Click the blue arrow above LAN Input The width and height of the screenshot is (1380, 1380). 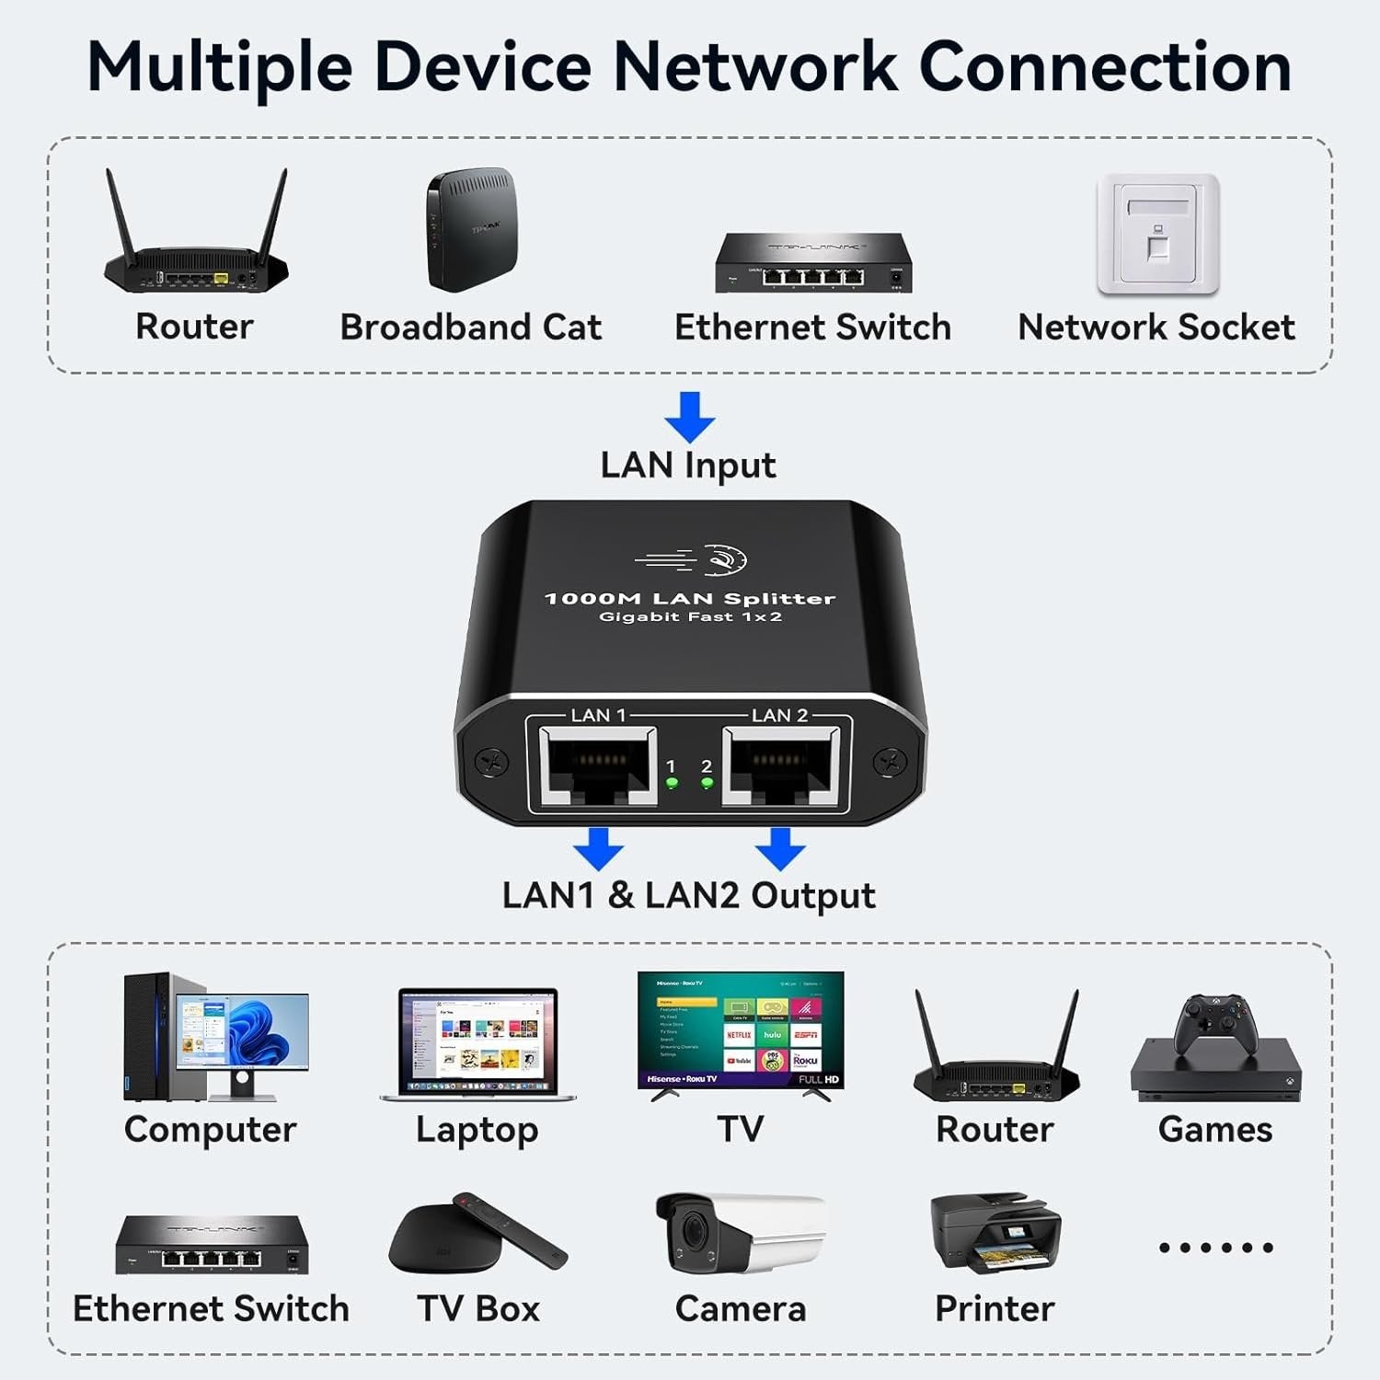click(x=689, y=416)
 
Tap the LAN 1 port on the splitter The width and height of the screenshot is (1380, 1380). click(x=598, y=765)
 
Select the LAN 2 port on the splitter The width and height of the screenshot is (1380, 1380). click(x=781, y=765)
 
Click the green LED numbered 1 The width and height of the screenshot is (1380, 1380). click(x=672, y=784)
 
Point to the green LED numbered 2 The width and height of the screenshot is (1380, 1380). click(x=707, y=784)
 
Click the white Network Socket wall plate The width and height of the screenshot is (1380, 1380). click(x=1157, y=235)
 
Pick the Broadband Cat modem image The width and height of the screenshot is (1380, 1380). click(x=471, y=230)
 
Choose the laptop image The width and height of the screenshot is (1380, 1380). click(x=478, y=1044)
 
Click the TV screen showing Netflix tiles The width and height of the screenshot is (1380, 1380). click(x=741, y=1030)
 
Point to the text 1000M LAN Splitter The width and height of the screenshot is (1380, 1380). click(x=689, y=599)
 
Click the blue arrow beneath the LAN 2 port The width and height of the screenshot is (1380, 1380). click(x=780, y=848)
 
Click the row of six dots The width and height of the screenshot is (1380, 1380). click(x=1215, y=1248)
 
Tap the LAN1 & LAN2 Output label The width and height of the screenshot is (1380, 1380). click(x=688, y=895)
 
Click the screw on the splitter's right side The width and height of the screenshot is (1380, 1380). click(x=889, y=762)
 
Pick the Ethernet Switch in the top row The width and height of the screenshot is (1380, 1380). click(x=813, y=264)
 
